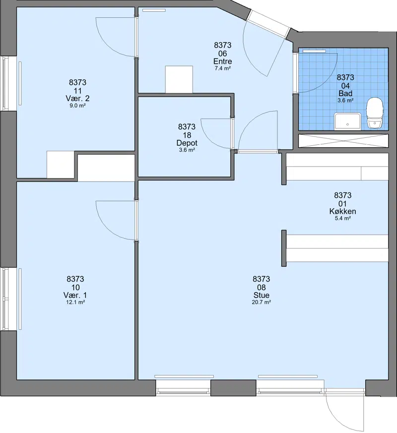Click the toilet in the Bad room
pos(375,113)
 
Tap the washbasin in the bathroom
pos(347,121)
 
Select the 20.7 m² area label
pos(261,302)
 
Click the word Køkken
pos(342,211)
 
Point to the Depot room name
pos(187,143)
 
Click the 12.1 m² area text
pos(75,302)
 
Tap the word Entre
pos(223,62)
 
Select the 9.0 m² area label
pos(77,105)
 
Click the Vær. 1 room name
pos(75,295)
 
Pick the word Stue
pos(262,295)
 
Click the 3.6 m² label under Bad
pos(345,101)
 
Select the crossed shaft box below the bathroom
pos(343,141)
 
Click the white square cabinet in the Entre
pos(179,79)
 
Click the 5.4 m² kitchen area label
pos(342,218)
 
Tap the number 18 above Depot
pos(187,135)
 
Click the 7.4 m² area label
pos(223,68)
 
